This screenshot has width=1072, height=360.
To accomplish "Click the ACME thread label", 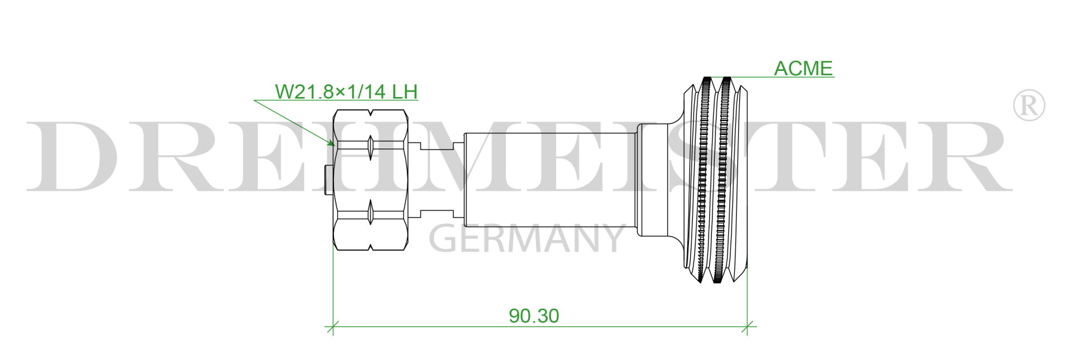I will pyautogui.click(x=803, y=69).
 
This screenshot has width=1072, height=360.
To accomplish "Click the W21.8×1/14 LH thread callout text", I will pyautogui.click(x=346, y=92).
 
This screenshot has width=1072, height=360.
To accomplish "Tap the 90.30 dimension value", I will pyautogui.click(x=534, y=316).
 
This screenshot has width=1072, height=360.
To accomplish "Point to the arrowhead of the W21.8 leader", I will pyautogui.click(x=332, y=144).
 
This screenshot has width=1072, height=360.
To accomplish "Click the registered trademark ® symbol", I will pyautogui.click(x=1028, y=105).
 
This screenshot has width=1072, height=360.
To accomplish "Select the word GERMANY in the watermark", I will pyautogui.click(x=527, y=239).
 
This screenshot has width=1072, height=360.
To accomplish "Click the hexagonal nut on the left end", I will pyautogui.click(x=370, y=180).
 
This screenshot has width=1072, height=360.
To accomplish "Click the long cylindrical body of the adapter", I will pyautogui.click(x=550, y=180).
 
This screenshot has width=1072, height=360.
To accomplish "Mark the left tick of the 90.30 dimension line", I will pyautogui.click(x=333, y=327).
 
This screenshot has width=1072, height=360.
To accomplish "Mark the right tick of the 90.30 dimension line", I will pyautogui.click(x=747, y=327).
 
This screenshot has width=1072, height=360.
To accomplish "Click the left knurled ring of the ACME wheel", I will pyautogui.click(x=705, y=180).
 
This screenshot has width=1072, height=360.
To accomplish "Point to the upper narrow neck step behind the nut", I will pyautogui.click(x=436, y=147).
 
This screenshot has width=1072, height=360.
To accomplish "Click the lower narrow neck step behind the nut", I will pyautogui.click(x=436, y=213).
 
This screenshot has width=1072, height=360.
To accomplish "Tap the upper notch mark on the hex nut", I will pyautogui.click(x=370, y=146).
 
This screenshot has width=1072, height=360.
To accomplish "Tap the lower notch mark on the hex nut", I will pyautogui.click(x=370, y=213).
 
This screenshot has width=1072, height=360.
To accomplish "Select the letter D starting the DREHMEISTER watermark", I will pyautogui.click(x=73, y=156).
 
